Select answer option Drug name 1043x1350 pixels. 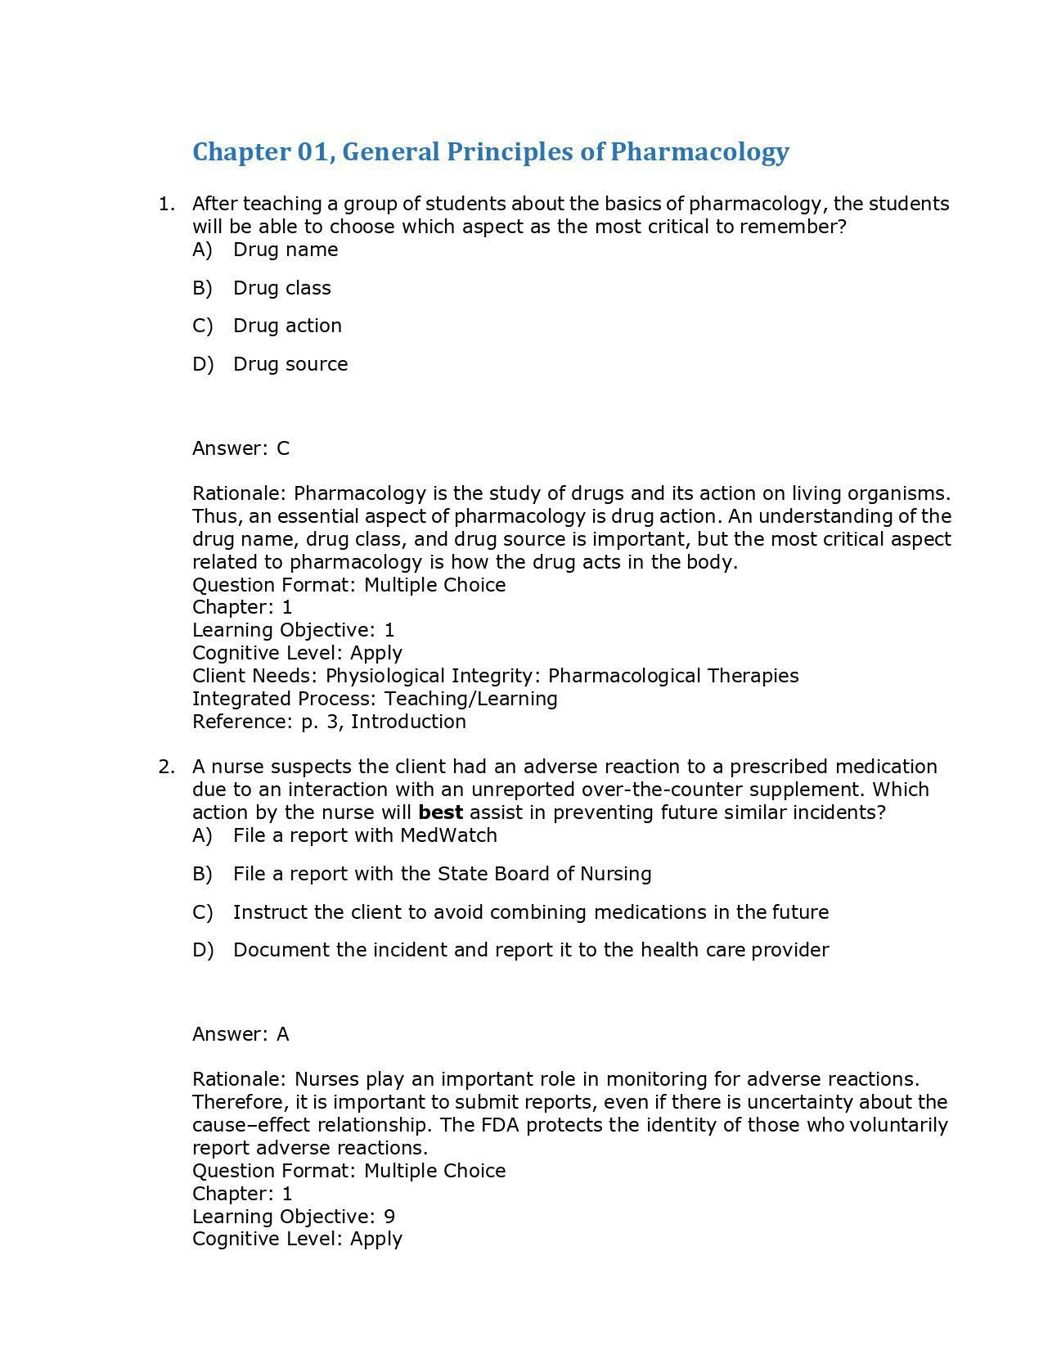(285, 250)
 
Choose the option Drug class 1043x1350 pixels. (281, 288)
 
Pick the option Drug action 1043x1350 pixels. (287, 326)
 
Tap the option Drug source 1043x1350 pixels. (290, 364)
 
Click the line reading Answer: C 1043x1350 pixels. (241, 448)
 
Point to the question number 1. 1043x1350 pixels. (166, 204)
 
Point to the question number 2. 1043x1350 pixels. (166, 767)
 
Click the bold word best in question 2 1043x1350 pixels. (440, 812)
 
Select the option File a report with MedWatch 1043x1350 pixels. (365, 835)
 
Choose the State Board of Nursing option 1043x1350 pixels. (442, 874)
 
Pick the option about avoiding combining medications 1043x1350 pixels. (530, 912)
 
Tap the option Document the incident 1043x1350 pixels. (530, 950)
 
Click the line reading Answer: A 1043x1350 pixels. (241, 1034)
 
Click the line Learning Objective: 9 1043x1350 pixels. (293, 1217)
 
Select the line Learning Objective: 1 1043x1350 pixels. (293, 630)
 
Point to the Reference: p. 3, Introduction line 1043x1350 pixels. (329, 722)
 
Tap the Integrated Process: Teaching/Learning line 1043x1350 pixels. (375, 699)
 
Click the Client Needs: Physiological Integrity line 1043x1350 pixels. (495, 676)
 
